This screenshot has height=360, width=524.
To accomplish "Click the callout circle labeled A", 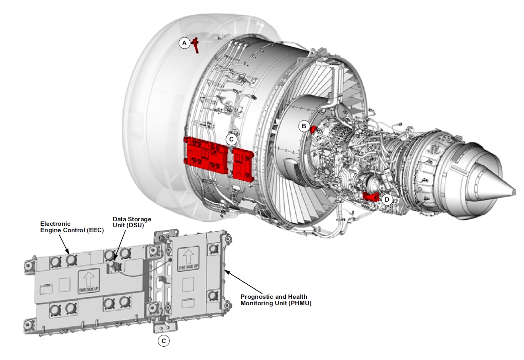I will pos(184,43).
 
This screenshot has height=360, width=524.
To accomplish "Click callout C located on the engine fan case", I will pos(231,138).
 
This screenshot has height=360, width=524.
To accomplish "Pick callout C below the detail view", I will pos(164,340).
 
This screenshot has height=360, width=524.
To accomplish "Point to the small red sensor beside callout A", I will pos(195,44).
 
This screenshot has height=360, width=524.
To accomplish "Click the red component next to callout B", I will pos(314,129).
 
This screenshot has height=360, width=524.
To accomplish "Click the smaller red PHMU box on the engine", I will pos(243,163).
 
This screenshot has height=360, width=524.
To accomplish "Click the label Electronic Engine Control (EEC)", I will pos(72,227).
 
